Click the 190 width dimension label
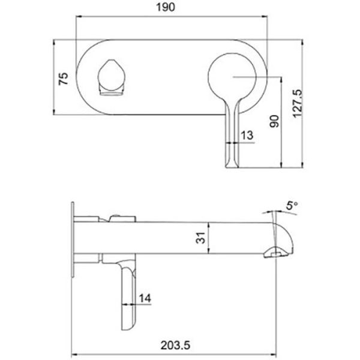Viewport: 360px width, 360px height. point(166,7)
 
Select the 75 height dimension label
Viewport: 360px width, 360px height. point(64,79)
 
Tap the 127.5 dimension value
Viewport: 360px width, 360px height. point(298,104)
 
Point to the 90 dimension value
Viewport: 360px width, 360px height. point(274,121)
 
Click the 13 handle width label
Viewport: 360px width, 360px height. point(247,135)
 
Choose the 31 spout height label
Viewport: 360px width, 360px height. point(200,238)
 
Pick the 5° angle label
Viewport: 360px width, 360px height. point(292,205)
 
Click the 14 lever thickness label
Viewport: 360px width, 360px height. point(145,298)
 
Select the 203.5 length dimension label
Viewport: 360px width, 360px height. point(175,345)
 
